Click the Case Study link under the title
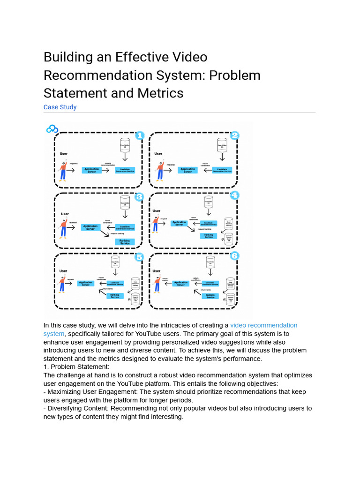(60, 107)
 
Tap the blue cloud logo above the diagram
(52, 129)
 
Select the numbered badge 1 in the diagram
(139, 136)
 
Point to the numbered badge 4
(234, 195)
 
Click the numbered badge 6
(234, 255)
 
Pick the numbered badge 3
(139, 196)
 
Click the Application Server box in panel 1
(92, 170)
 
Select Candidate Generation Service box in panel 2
(222, 170)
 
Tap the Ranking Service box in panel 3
(125, 242)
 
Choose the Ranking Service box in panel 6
(210, 296)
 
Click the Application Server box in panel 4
(179, 224)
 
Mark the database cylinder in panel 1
(125, 146)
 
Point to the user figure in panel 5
(61, 284)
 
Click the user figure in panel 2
(159, 170)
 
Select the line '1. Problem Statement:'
(76, 367)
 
